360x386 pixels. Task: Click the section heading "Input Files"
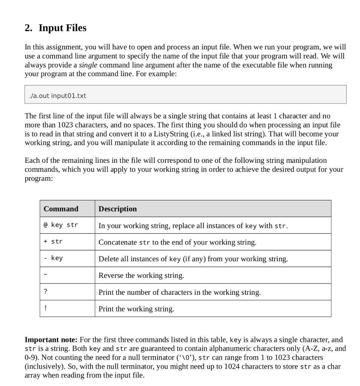coord(62,28)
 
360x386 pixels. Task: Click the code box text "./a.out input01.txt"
coord(58,95)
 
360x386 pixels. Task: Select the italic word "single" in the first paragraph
coord(88,65)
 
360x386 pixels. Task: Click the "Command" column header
coord(61,209)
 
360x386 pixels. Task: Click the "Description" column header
coord(118,209)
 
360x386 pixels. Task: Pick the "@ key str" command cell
coord(61,225)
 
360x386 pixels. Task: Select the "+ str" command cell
coord(53,242)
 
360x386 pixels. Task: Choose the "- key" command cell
coord(53,259)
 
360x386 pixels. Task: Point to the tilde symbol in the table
coord(46,275)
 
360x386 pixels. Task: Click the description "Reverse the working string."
coord(141,276)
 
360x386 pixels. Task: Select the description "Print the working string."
coord(136,309)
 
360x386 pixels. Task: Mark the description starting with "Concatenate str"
coord(177,242)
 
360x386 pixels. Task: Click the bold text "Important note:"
coord(51,340)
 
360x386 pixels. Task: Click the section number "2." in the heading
coord(29,28)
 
